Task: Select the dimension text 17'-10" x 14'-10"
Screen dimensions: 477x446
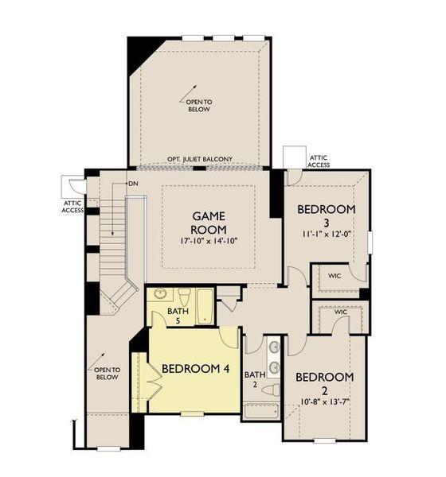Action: [209, 239]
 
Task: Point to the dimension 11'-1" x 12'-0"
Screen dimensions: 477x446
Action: [326, 235]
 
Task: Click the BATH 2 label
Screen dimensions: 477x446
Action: [254, 380]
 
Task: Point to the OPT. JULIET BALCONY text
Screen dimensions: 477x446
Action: [200, 160]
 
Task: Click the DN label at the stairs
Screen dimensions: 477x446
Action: [134, 184]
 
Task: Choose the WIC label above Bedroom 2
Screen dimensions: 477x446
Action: [341, 312]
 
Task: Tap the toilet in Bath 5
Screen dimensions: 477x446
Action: [183, 298]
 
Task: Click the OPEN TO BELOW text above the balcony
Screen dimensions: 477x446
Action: [199, 106]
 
